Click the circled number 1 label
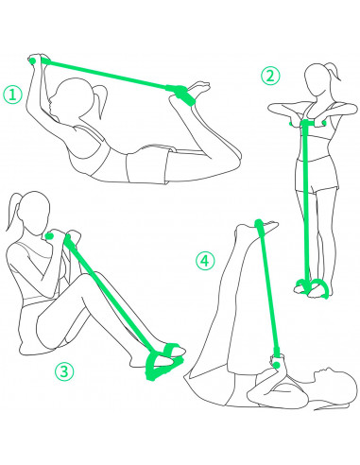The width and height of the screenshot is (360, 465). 12,95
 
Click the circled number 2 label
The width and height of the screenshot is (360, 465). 270,76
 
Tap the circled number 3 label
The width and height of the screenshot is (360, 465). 64,371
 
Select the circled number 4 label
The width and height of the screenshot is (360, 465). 205,261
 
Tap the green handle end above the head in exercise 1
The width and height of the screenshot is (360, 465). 32,60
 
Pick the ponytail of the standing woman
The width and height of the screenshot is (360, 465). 334,72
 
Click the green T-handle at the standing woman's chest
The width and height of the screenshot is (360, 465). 306,124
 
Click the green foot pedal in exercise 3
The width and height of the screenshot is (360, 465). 163,361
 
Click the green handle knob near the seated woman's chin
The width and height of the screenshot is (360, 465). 49,235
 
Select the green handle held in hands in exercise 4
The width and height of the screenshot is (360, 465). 277,364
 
